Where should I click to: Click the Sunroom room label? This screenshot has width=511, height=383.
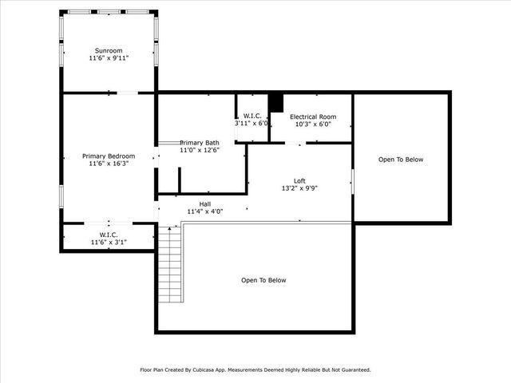click(109, 49)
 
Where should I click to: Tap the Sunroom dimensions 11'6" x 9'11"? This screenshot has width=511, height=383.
click(109, 58)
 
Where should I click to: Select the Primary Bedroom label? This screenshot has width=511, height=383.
click(109, 156)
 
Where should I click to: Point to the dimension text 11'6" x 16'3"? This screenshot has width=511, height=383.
click(109, 164)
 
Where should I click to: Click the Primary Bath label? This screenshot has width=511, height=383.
click(199, 141)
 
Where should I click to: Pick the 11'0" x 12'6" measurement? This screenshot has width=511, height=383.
click(199, 150)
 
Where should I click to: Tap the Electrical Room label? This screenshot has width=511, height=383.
click(312, 116)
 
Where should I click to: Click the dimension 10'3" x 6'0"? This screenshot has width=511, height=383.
click(312, 124)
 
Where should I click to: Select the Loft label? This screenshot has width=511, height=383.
click(299, 181)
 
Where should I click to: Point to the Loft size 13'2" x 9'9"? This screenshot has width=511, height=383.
click(299, 189)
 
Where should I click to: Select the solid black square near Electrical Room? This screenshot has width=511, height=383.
click(275, 103)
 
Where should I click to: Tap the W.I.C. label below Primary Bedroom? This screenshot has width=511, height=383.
click(109, 235)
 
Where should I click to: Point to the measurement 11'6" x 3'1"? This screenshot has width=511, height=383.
click(109, 242)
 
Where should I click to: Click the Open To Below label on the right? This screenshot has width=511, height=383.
click(401, 160)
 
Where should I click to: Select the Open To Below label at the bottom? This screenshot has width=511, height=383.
click(263, 280)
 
